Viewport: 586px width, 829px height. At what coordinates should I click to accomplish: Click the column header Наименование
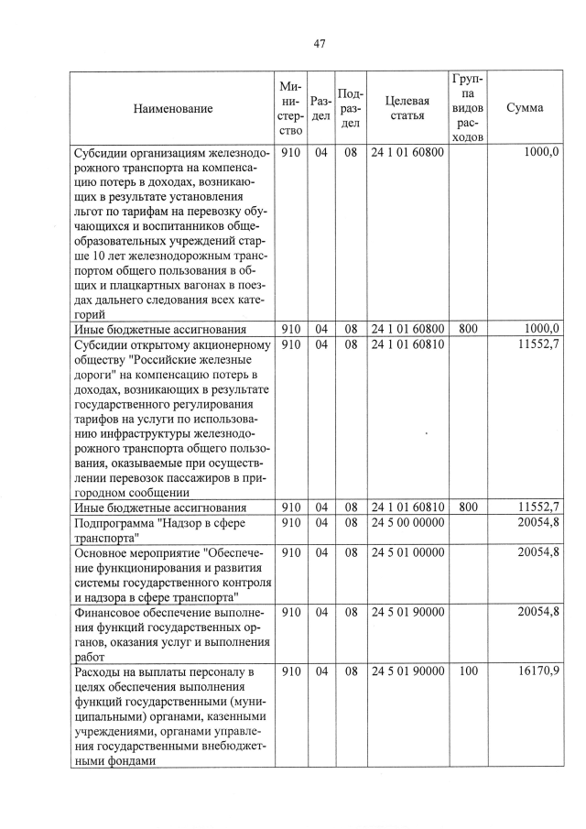[173, 108]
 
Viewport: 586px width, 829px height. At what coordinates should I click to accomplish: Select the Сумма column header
[524, 108]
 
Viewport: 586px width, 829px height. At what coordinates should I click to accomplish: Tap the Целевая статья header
[407, 108]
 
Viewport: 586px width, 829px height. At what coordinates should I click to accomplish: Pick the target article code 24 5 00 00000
[407, 522]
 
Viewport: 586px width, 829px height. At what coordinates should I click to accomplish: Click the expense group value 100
[468, 671]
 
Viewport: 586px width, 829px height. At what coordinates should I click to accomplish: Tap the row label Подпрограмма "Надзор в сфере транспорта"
[171, 530]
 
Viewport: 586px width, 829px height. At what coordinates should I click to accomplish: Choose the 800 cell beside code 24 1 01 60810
[468, 507]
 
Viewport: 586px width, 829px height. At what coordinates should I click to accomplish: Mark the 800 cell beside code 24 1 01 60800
[468, 329]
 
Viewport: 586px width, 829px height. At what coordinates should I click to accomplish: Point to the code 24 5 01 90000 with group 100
[407, 671]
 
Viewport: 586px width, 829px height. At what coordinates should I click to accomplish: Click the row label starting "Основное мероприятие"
[171, 574]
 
